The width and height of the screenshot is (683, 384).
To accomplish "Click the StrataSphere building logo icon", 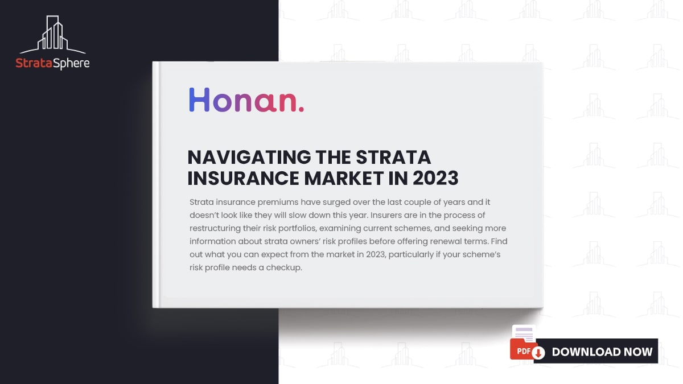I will (x=52, y=35).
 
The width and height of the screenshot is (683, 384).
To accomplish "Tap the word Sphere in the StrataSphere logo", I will (x=72, y=63).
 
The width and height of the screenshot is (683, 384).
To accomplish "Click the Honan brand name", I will (x=246, y=100).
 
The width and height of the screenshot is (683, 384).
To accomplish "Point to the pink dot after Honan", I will (x=301, y=109).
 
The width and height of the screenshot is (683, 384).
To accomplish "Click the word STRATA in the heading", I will (x=393, y=157).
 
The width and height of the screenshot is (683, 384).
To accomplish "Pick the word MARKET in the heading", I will (x=343, y=178).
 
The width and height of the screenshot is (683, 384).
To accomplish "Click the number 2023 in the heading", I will (x=435, y=178).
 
